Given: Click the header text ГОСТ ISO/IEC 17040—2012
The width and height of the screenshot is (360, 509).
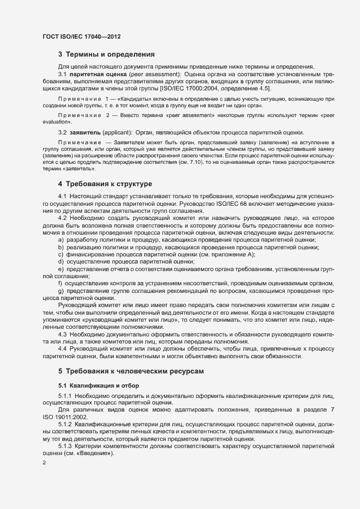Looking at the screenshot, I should point(81,36).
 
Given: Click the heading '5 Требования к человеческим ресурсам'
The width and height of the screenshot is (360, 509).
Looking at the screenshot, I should point(131,371).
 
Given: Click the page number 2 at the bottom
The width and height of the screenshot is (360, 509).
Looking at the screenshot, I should point(44,463).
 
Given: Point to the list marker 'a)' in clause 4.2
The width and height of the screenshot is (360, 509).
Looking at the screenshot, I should point(60,240).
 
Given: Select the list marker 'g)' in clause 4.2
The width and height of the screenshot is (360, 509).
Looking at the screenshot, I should point(60,291).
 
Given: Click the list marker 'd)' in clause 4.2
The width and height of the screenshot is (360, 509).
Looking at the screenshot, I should point(60,261).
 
